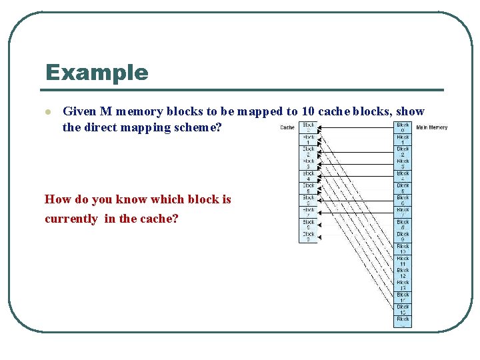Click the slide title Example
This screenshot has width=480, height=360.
[x=97, y=72]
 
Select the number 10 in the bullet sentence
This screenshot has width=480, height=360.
[x=309, y=111]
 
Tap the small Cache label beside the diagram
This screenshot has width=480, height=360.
[x=287, y=127]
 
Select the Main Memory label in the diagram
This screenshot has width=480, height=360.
[x=431, y=127]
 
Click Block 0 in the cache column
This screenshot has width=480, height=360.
[x=308, y=127]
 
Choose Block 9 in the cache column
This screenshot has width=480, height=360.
[x=308, y=236]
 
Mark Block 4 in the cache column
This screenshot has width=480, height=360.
[x=308, y=176]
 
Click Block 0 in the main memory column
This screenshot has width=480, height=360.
[x=403, y=127]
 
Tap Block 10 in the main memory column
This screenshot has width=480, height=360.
[x=403, y=249]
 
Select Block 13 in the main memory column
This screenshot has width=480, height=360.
[x=403, y=285]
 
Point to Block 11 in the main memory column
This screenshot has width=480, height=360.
[x=403, y=261]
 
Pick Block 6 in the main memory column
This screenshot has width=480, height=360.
[x=403, y=200]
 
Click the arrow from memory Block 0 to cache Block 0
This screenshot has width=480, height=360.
[x=357, y=126]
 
